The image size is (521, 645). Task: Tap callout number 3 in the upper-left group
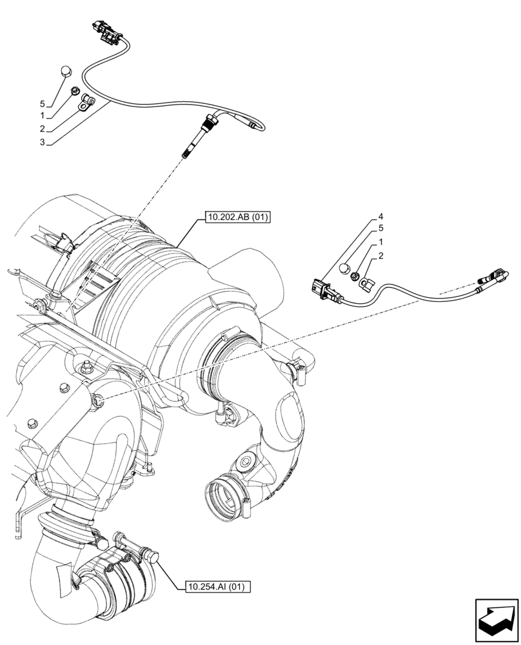coord(42,142)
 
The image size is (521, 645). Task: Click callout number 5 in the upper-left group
coord(42,104)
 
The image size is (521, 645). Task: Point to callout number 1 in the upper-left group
coord(42,117)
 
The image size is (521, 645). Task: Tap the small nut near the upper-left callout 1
coord(75,91)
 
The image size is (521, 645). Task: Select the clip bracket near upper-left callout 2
coord(86,101)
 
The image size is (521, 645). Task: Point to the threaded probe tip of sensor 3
coord(186,152)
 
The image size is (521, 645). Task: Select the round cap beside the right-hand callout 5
coord(346,268)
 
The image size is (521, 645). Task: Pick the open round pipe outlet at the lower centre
coord(223,497)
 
